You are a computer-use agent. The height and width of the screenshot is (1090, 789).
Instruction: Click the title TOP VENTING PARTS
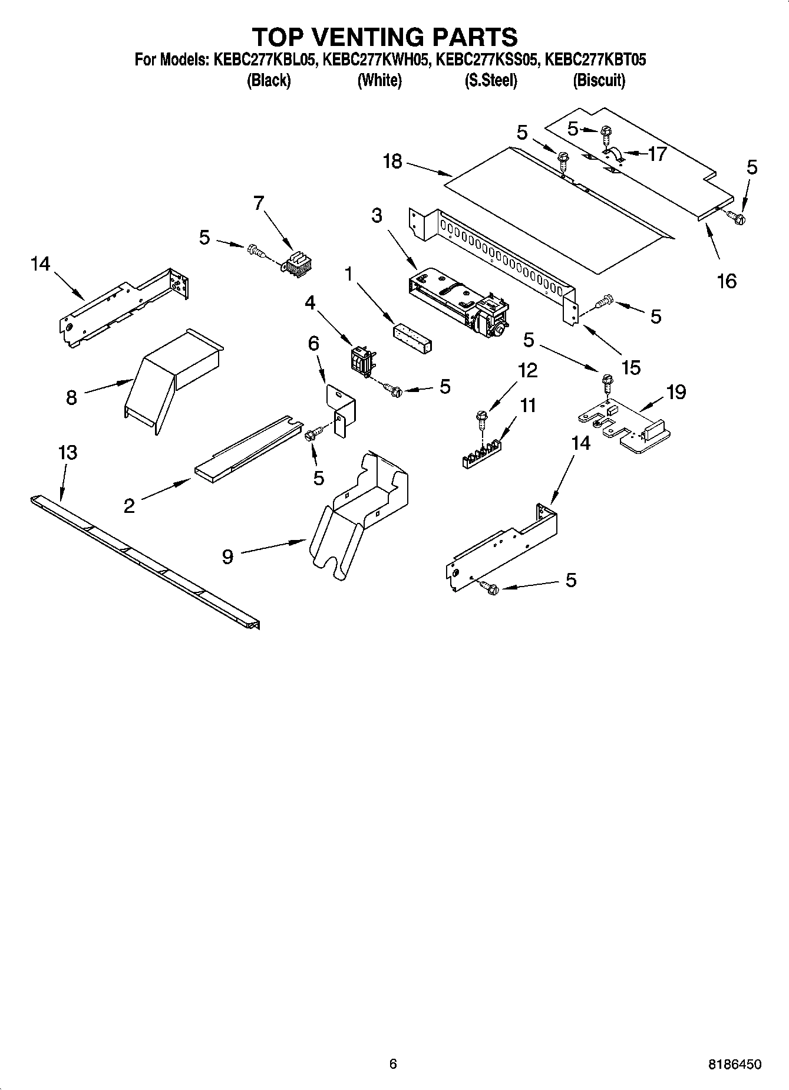coord(385,37)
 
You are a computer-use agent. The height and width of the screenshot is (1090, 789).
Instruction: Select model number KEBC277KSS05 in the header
coord(486,60)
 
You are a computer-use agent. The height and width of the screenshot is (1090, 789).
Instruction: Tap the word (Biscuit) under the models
coord(599,81)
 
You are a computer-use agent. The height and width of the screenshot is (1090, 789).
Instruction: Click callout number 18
coord(392,161)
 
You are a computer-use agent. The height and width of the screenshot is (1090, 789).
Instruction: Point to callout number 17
coord(656,154)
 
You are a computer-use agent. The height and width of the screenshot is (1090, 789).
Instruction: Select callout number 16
coord(727,281)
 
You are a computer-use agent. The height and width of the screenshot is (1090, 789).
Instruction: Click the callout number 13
coord(67,453)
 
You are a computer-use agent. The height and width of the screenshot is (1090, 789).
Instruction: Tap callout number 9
coord(227,556)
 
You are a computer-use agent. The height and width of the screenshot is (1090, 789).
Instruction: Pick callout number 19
coord(676,392)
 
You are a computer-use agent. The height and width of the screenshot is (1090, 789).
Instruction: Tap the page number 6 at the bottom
coord(393,1063)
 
